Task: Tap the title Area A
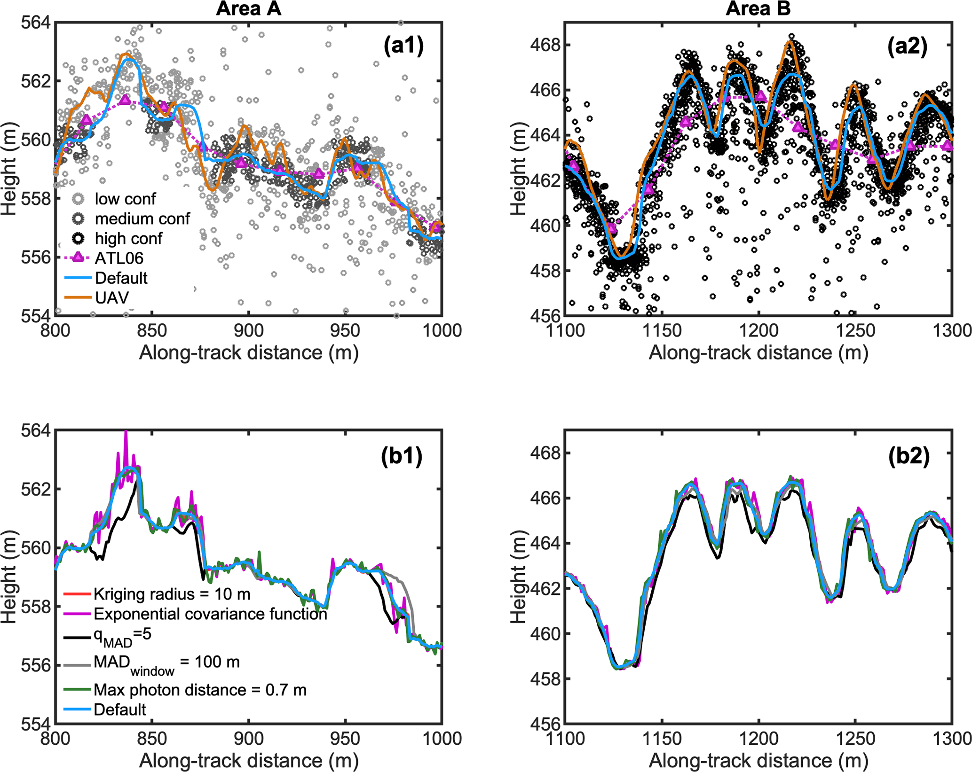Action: [x=248, y=9]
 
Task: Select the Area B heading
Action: [x=758, y=9]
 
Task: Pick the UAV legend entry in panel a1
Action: [x=111, y=297]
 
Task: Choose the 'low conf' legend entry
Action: [x=125, y=199]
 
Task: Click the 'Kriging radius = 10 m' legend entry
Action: [x=172, y=594]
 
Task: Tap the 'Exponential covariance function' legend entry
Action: [x=210, y=614]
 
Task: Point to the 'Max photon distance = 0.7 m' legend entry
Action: [x=200, y=690]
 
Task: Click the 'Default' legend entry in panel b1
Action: [x=120, y=710]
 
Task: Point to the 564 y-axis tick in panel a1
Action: [x=36, y=22]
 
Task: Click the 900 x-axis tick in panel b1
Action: [x=248, y=738]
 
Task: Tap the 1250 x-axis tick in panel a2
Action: [x=855, y=330]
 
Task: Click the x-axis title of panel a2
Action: [x=758, y=352]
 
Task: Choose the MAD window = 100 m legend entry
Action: [x=166, y=663]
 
